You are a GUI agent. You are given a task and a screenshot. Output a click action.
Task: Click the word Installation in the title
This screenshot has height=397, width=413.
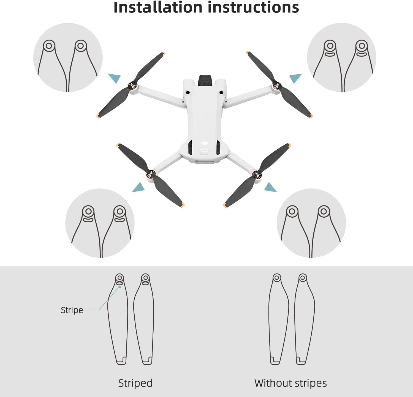point(158,7)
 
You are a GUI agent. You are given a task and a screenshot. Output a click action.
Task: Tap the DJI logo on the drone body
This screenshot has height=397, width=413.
point(204,143)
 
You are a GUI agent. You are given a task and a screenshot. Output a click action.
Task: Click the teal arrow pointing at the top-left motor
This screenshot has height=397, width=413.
point(115,78)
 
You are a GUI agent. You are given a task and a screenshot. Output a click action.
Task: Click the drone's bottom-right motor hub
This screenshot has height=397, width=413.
point(257,175)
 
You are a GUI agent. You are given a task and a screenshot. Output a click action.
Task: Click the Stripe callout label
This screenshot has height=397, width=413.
point(72,310)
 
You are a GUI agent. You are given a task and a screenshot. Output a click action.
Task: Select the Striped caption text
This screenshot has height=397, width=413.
point(135,383)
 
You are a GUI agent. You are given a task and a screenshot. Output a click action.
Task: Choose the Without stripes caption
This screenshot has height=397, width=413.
point(290,383)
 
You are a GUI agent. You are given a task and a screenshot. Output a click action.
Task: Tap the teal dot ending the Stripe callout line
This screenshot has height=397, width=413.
point(120,287)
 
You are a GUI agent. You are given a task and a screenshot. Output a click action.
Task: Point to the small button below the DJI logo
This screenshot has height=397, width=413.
point(204,153)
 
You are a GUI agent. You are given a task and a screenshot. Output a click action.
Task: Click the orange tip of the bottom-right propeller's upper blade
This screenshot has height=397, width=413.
point(289,145)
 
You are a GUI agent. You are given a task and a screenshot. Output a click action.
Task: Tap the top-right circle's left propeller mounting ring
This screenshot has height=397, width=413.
point(330,46)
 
